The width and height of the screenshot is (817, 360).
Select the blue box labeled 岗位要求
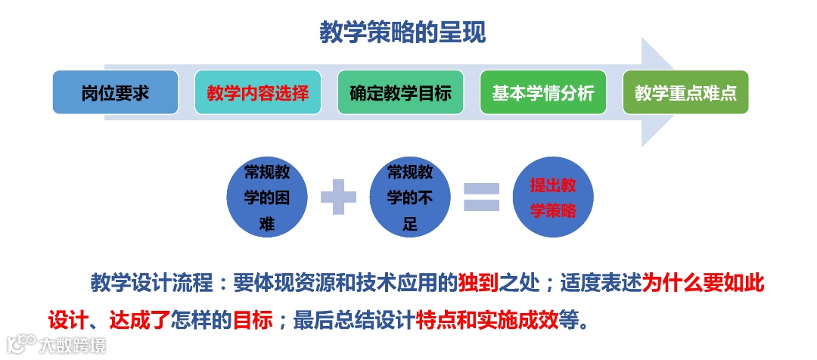[115, 93]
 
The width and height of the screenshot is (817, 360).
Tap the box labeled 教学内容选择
[257, 93]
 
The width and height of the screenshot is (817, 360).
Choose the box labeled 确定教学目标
[400, 93]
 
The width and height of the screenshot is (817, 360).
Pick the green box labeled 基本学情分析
[542, 93]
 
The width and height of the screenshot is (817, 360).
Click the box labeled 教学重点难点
[685, 93]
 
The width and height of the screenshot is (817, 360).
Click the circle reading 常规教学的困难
[267, 197]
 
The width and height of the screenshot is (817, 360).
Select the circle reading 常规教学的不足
[410, 197]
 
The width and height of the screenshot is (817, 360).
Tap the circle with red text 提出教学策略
[553, 197]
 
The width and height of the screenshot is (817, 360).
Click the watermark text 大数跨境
[74, 346]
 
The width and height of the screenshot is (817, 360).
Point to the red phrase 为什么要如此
[703, 284]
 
